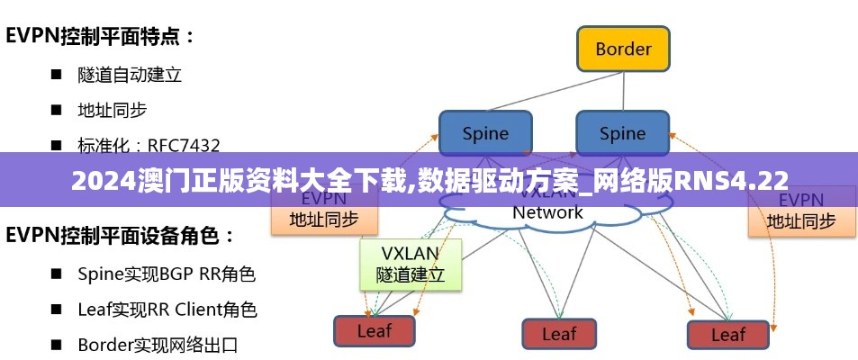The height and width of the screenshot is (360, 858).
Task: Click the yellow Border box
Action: tap(622, 49)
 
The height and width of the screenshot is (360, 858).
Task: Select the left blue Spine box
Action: tap(485, 134)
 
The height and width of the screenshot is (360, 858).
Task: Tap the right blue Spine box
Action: tap(622, 134)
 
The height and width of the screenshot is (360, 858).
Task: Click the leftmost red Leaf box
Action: tap(374, 330)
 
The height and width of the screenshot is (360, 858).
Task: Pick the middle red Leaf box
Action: tap(558, 333)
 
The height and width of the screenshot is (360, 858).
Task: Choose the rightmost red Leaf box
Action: tap(727, 334)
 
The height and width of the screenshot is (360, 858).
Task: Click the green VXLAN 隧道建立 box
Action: tap(411, 264)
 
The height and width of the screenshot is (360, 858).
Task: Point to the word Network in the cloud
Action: tap(547, 213)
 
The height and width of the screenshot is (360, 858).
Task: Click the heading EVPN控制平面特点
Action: tap(101, 37)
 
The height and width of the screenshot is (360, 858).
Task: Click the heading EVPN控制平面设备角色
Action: tap(121, 237)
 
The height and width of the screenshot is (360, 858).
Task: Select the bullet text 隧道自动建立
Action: tap(130, 75)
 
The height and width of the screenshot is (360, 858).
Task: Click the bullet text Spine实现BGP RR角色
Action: tap(167, 274)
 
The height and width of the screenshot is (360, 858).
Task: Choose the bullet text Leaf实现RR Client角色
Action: tap(167, 310)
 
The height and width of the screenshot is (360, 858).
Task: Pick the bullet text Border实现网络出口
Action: tap(158, 344)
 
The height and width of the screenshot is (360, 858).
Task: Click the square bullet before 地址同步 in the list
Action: tap(56, 111)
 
